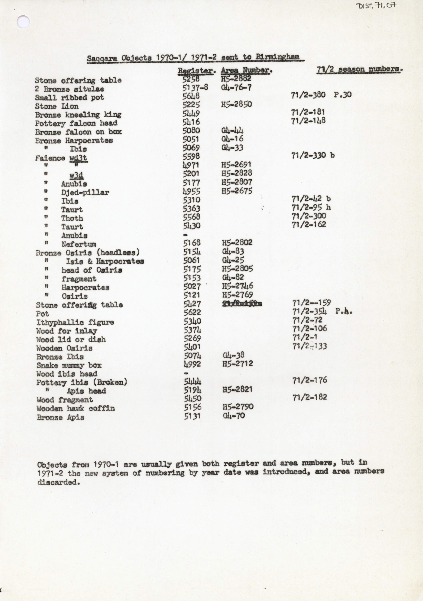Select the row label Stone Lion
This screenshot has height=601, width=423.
coord(57,106)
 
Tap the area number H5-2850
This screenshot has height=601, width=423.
coord(236,104)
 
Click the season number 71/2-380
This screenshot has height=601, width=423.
coord(308,95)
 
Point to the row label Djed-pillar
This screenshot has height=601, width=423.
coord(85,192)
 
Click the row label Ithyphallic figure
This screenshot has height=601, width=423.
coord(75,322)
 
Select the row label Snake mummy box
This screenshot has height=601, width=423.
coord(69,365)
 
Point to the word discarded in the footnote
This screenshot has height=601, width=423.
coord(58,482)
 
